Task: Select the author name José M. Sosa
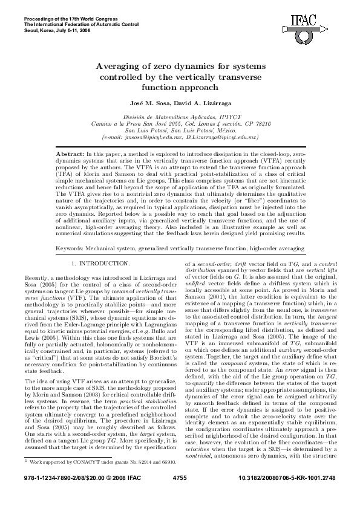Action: [157, 105]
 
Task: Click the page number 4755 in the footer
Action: [180, 494]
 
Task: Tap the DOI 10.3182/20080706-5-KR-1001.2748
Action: [289, 494]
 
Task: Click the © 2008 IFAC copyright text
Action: [125, 494]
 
